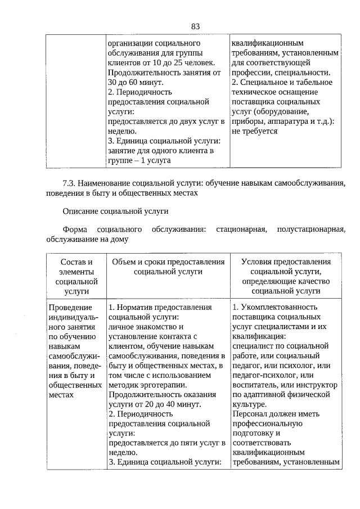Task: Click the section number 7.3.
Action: [x=69, y=183]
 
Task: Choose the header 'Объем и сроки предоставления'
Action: [x=168, y=262]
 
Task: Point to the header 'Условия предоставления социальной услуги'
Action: [x=286, y=267]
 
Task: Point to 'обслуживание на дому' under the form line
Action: [x=87, y=240]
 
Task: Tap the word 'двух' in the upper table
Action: [x=197, y=121]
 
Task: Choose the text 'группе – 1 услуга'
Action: [x=139, y=160]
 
